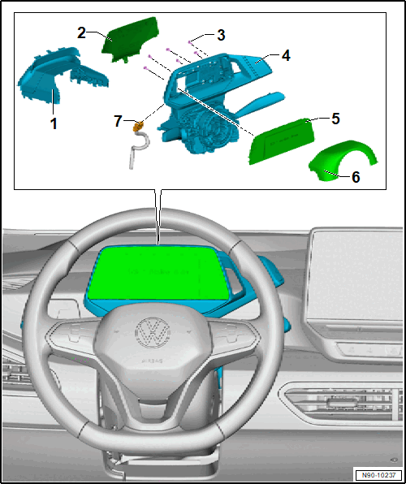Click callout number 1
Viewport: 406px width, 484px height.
click(54, 123)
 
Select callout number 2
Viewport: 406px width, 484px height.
click(81, 33)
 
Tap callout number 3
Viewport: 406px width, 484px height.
click(220, 35)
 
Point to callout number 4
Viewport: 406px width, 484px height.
click(286, 56)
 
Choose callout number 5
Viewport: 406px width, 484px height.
click(335, 119)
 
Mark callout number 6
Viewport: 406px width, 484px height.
click(356, 177)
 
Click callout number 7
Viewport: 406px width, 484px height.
click(118, 121)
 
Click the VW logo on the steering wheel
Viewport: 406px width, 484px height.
click(153, 331)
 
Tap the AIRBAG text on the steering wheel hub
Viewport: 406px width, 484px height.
click(151, 361)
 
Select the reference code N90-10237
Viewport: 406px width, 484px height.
click(378, 474)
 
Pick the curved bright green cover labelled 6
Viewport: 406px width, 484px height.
click(342, 160)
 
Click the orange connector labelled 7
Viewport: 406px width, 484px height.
click(138, 126)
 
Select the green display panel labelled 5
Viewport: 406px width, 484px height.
click(282, 140)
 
